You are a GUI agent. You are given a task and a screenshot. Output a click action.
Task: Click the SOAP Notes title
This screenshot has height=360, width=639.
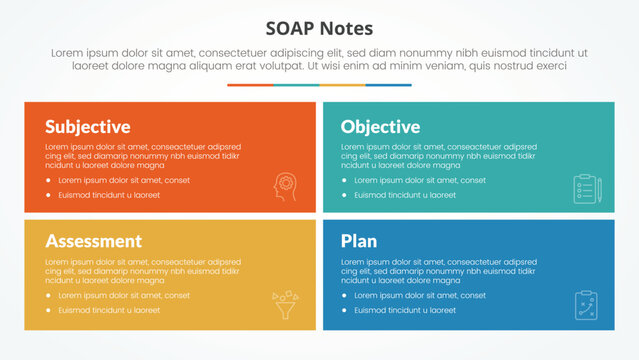pyautogui.click(x=320, y=27)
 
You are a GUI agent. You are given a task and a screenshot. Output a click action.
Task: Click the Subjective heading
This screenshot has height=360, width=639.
pyautogui.click(x=87, y=127)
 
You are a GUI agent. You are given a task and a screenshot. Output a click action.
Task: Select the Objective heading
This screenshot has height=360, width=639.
pyautogui.click(x=380, y=127)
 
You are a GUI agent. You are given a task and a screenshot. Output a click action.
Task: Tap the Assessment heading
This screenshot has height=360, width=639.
pyautogui.click(x=93, y=241)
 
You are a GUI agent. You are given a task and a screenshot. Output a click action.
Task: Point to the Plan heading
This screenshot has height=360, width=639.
pyautogui.click(x=359, y=241)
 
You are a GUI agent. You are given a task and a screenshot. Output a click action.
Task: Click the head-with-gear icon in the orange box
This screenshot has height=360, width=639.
pyautogui.click(x=286, y=188)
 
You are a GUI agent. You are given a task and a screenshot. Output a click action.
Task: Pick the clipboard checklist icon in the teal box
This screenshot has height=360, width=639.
pyautogui.click(x=585, y=188)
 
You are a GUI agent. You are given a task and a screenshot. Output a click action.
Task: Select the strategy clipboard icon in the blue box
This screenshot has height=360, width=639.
pyautogui.click(x=585, y=304)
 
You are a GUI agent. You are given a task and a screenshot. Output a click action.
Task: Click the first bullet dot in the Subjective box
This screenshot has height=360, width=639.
pyautogui.click(x=49, y=181)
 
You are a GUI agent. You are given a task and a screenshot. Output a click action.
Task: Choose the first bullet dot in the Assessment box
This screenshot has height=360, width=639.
pyautogui.click(x=49, y=296)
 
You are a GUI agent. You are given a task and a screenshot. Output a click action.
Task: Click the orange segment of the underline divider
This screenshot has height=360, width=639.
pyautogui.click(x=250, y=85)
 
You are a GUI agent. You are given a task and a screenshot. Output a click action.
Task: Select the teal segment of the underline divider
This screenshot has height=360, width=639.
pyautogui.click(x=296, y=85)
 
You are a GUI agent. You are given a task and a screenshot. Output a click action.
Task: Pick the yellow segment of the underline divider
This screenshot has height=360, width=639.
pyautogui.click(x=342, y=85)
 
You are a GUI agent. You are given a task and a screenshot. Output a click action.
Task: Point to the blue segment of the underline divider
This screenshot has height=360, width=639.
pyautogui.click(x=388, y=85)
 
